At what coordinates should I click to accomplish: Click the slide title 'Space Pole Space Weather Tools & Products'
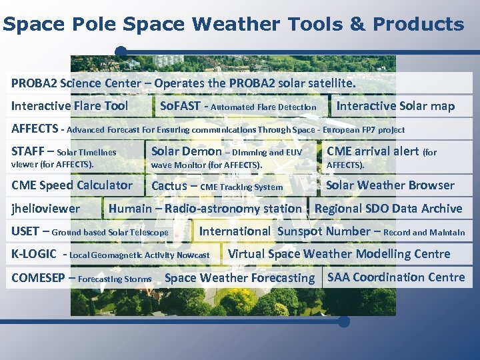click(233, 25)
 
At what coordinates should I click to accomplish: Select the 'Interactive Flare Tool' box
click(70, 106)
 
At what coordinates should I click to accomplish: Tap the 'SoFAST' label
click(181, 106)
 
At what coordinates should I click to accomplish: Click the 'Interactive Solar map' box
click(396, 106)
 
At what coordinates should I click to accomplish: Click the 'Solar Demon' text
click(186, 151)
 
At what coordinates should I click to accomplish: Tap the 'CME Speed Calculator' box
click(72, 185)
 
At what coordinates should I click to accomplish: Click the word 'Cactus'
click(169, 186)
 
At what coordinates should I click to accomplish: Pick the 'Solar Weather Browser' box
click(390, 185)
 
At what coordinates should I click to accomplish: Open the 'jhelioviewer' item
click(46, 209)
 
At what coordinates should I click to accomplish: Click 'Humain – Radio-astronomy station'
click(205, 209)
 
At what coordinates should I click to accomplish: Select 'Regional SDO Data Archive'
click(389, 209)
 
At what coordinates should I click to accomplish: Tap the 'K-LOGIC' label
click(33, 255)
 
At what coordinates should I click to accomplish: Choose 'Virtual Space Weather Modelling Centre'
click(339, 254)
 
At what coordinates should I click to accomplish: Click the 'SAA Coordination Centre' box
click(396, 277)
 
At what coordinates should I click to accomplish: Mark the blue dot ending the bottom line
click(344, 321)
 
